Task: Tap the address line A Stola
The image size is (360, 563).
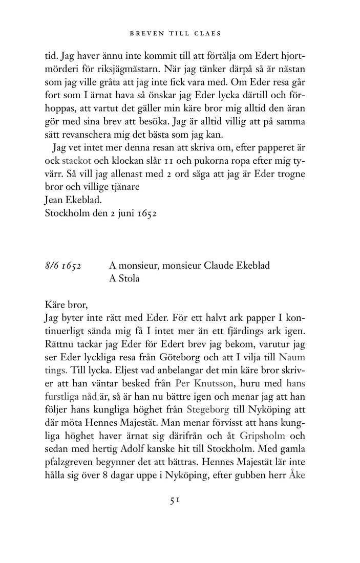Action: coord(124,279)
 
